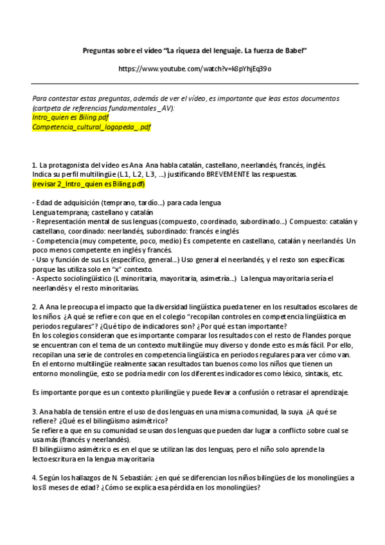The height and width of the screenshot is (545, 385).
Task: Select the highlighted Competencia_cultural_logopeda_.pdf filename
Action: pyautogui.click(x=91, y=127)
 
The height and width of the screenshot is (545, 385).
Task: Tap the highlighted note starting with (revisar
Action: pyautogui.click(x=88, y=184)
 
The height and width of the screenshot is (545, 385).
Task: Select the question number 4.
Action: pyautogui.click(x=33, y=478)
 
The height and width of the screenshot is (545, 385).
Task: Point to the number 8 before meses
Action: pyautogui.click(x=43, y=487)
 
